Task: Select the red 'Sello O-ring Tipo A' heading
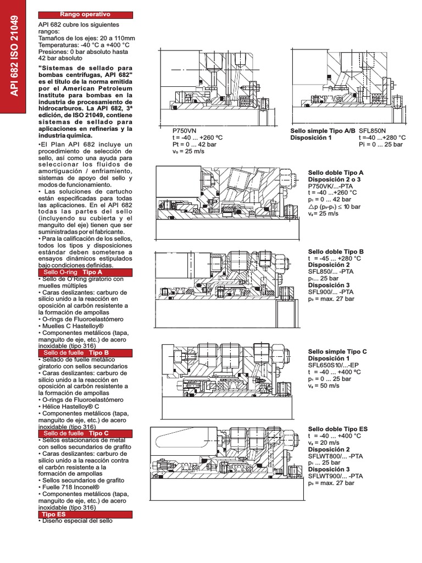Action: pyautogui.click(x=85, y=272)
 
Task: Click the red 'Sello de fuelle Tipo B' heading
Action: pyautogui.click(x=85, y=352)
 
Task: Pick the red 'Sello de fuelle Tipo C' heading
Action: pyautogui.click(x=85, y=433)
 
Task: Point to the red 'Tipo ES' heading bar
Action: pyautogui.click(x=85, y=514)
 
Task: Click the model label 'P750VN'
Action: pyautogui.click(x=184, y=131)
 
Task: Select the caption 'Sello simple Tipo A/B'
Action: pyautogui.click(x=323, y=131)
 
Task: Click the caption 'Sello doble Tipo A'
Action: pyautogui.click(x=336, y=173)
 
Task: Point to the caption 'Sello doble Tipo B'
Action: pyautogui.click(x=336, y=251)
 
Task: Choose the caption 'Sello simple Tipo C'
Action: pyautogui.click(x=337, y=351)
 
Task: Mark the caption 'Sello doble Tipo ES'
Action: pyautogui.click(x=338, y=429)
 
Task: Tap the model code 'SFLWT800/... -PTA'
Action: pyautogui.click(x=335, y=456)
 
